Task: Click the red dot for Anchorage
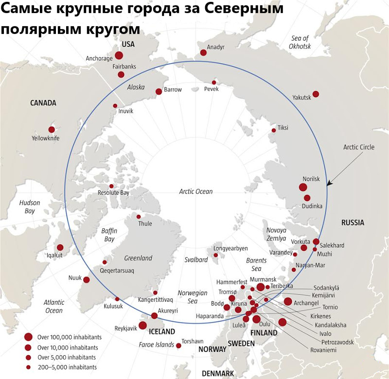[x=119, y=55]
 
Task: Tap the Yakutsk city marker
[x=316, y=94]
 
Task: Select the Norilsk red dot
[x=303, y=187]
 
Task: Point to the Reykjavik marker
[x=143, y=325]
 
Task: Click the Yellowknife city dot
[x=52, y=129]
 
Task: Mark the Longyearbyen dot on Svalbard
[x=216, y=255]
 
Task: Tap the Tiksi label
[x=283, y=128]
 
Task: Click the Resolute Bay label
[x=113, y=193]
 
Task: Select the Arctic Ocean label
[x=196, y=191]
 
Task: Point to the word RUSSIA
[x=353, y=223]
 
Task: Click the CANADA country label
[x=43, y=103]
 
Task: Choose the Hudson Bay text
[x=30, y=207]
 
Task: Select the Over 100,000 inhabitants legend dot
[x=28, y=337]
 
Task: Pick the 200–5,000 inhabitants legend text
[x=67, y=367]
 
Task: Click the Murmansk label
[x=263, y=279]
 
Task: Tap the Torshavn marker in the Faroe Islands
[x=178, y=345]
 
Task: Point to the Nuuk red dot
[x=86, y=279]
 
